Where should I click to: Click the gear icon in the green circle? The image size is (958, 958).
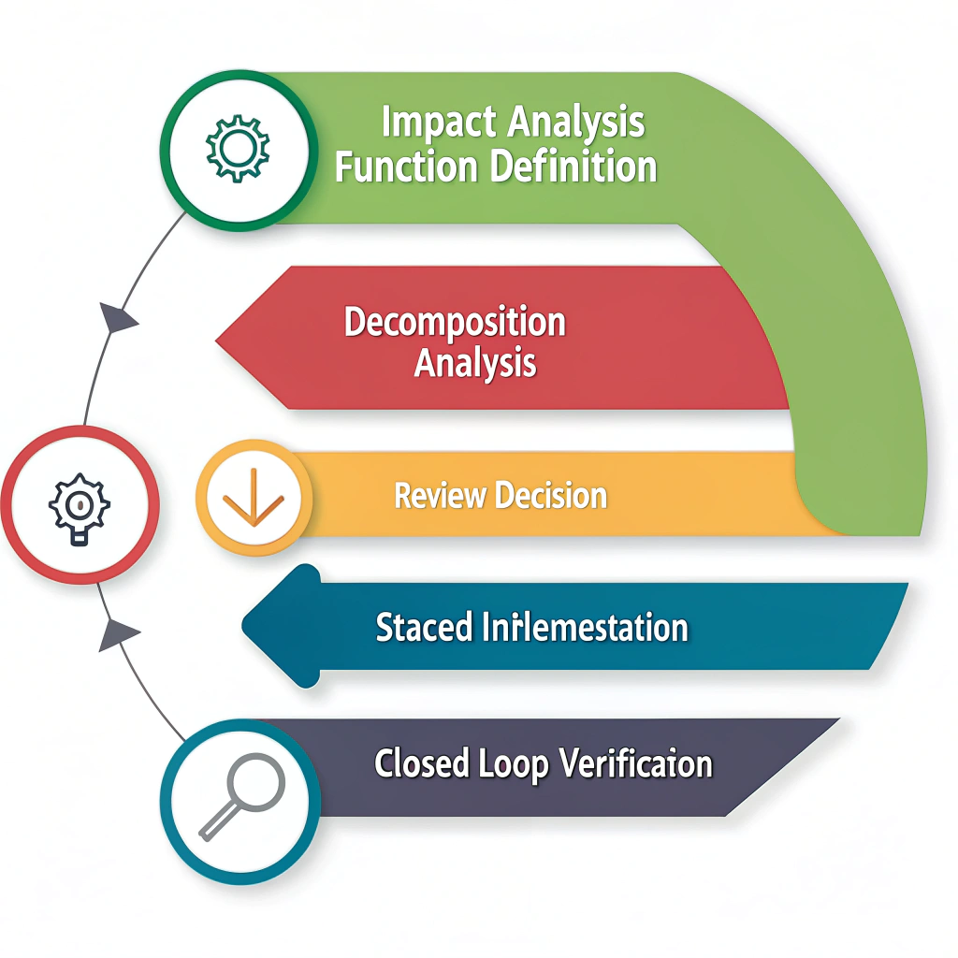point(238,148)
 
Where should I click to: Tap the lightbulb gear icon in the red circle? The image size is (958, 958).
point(79,505)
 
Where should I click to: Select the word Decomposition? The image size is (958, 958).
point(455,323)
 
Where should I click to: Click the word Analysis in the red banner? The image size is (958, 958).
point(475,362)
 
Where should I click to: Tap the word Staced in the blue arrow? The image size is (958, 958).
point(423,627)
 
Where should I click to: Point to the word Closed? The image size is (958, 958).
point(422,763)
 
